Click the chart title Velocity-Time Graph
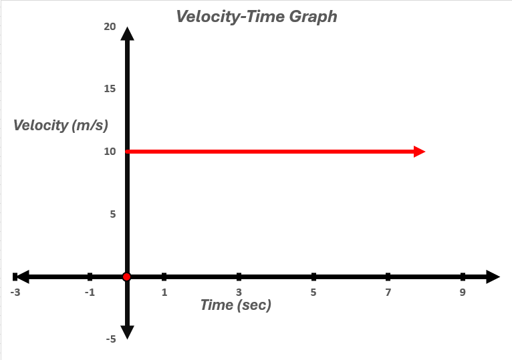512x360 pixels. [256, 16]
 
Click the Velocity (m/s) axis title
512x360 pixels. [60, 125]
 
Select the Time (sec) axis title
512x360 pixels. [236, 305]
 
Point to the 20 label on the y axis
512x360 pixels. [110, 27]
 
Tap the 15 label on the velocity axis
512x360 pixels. [110, 89]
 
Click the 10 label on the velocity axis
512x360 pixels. [110, 152]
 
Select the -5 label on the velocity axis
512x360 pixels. [110, 339]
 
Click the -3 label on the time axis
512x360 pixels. [15, 292]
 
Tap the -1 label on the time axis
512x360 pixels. [90, 292]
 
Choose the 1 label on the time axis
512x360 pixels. [164, 292]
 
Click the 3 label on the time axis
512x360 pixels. [239, 292]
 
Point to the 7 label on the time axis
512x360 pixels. [388, 292]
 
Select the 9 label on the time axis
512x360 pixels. [463, 292]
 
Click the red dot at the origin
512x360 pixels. [127, 277]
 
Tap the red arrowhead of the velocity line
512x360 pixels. [419, 152]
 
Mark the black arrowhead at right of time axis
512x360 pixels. [493, 277]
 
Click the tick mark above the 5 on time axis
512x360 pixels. [313, 277]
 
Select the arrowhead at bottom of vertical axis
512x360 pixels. [127, 332]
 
